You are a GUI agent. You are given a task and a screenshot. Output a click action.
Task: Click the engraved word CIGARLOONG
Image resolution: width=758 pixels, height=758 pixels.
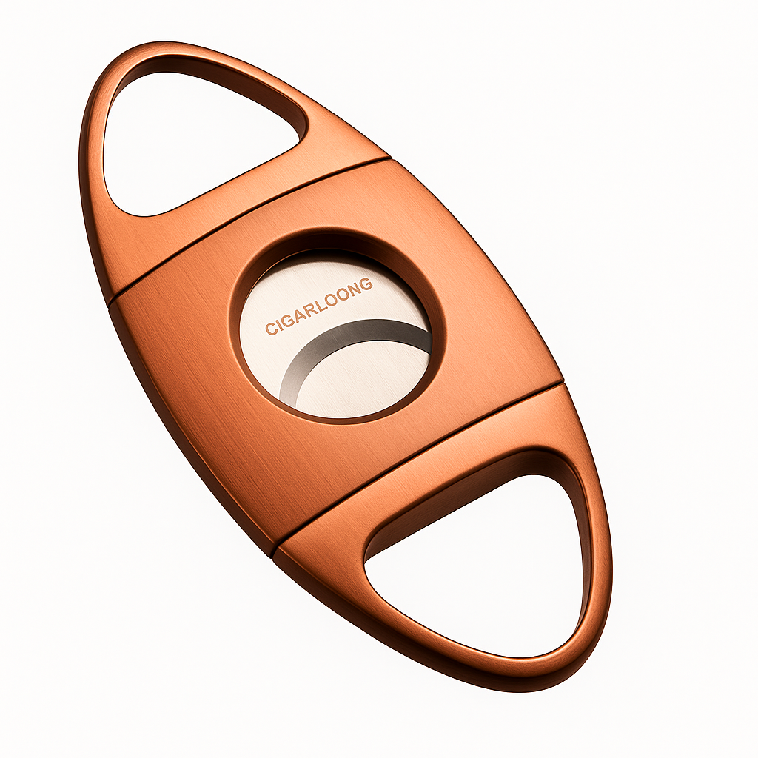point(319,306)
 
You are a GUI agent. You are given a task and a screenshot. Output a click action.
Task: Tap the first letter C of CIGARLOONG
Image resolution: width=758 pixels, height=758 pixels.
point(269,329)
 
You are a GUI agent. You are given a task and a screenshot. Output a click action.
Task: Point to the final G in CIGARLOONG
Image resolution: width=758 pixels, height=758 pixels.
point(367,284)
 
